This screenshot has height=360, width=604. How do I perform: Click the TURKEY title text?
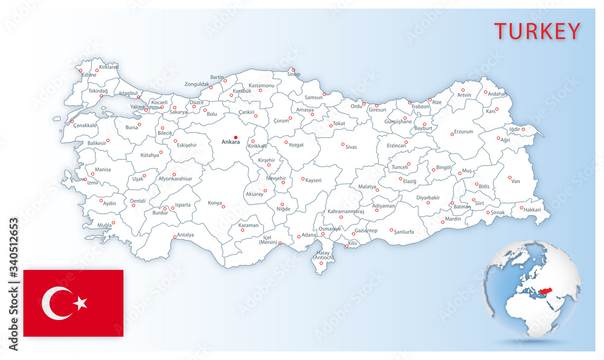pos(537,31)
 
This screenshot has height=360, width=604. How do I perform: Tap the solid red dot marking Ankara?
pos(236,137)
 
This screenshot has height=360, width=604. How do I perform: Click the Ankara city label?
pos(231,143)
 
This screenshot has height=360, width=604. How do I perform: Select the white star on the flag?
pos(80,303)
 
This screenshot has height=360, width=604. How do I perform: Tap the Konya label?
pos(214,203)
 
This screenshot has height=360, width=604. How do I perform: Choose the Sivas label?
pos(351,147)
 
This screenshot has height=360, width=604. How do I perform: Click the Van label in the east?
pos(515,181)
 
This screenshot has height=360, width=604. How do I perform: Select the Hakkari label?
pos(532,210)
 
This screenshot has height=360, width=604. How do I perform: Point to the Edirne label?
pos(89,75)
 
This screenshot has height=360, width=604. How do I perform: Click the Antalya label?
pos(185,235)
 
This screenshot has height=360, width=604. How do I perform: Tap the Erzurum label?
pos(463,132)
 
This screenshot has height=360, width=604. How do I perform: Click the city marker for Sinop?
pos(292,69)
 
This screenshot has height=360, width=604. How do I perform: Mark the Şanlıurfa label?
pos(404,232)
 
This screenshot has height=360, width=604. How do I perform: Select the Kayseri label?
pos(313,180)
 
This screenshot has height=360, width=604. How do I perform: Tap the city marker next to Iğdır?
pos(523,129)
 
